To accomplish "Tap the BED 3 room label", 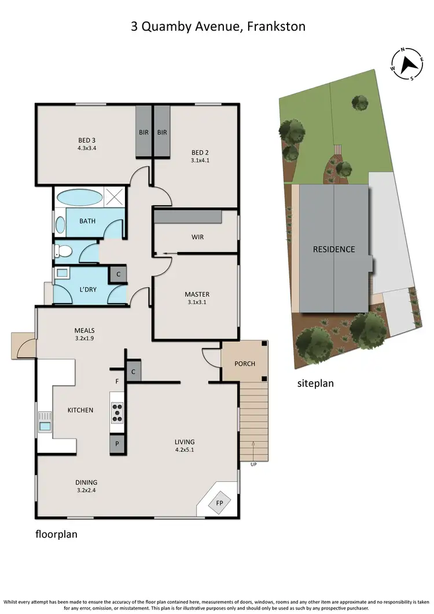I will [x=87, y=140].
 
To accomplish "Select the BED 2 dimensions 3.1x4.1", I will [x=200, y=160].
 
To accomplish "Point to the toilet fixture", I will [x=62, y=252].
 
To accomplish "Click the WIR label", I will [x=197, y=237].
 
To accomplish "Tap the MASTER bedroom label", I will [x=197, y=294].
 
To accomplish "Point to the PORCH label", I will [x=245, y=364].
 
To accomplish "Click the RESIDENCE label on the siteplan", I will [x=334, y=250].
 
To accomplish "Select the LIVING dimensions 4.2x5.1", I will [x=185, y=449].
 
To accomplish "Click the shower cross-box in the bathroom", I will [x=115, y=196].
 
